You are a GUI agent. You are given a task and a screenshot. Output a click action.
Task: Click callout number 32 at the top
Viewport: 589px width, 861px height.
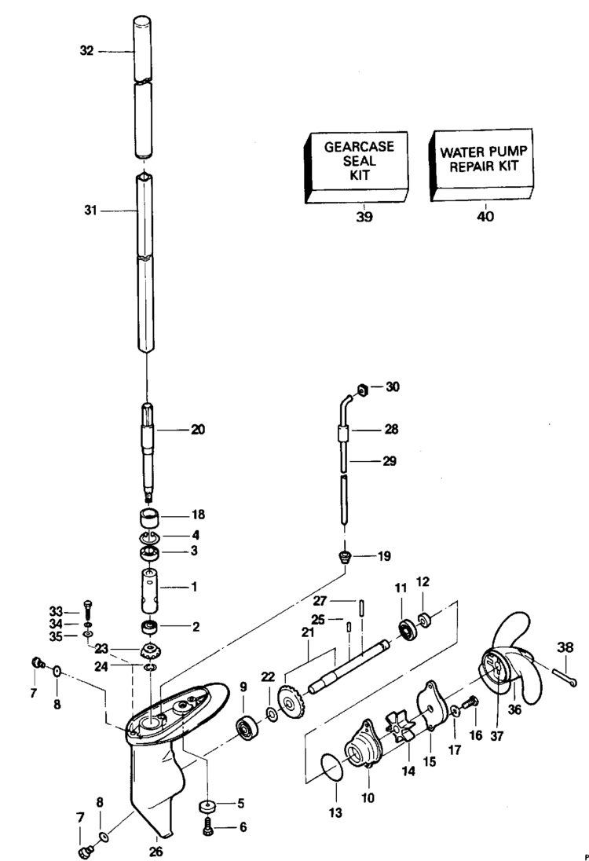click(86, 50)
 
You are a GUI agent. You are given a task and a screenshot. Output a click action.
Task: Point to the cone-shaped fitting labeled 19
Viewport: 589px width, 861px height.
click(343, 557)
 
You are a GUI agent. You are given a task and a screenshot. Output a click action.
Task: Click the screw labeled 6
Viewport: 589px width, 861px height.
click(210, 827)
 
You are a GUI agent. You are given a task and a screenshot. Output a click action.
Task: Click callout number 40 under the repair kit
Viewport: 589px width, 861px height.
click(485, 217)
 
